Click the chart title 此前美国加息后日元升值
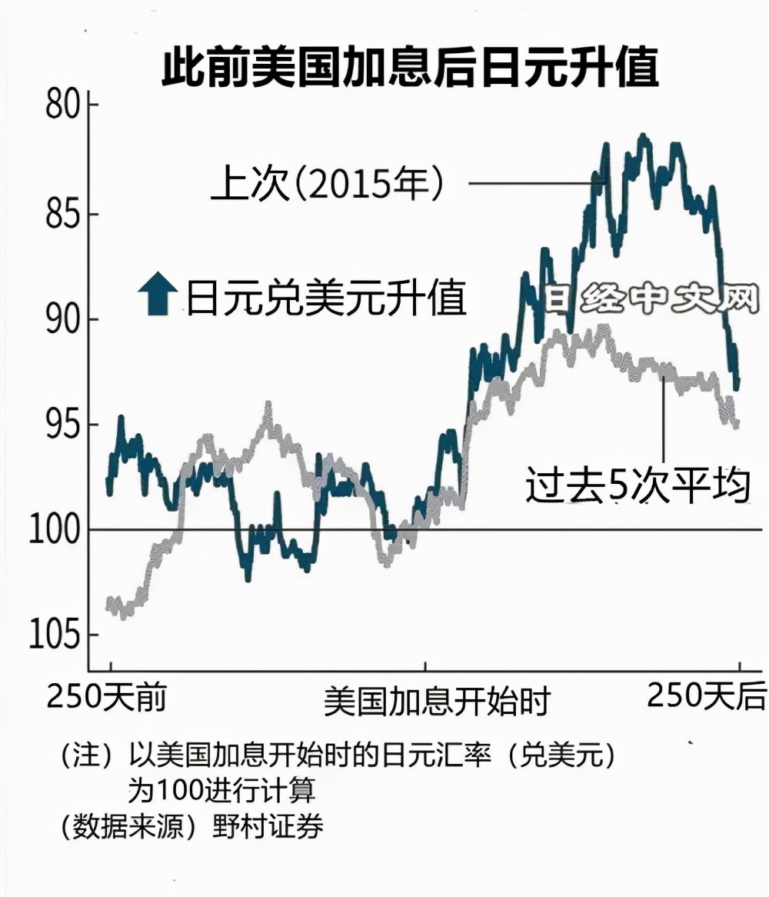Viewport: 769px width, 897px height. point(410,69)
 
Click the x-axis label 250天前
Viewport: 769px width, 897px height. point(107,698)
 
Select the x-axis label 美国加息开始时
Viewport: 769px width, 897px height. point(437,702)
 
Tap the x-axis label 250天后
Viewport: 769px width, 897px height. point(706,697)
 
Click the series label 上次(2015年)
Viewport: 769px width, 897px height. point(329,185)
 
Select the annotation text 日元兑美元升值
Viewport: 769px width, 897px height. point(326,298)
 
